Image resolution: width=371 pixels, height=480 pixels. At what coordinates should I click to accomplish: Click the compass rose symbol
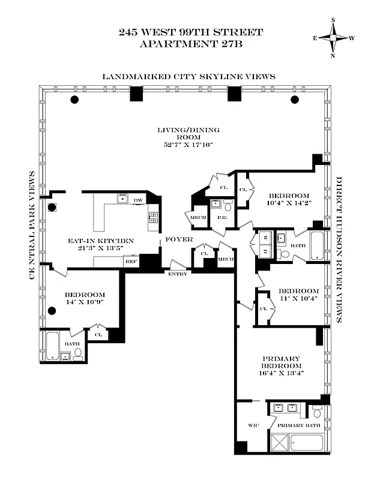[333, 38]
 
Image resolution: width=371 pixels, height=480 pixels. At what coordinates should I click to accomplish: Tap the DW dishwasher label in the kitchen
[138, 200]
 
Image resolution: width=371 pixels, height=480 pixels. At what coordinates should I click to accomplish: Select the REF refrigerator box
[129, 262]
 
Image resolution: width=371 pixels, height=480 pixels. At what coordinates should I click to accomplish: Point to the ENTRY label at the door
[178, 274]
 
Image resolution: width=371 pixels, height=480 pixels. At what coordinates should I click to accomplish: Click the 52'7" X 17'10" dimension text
[188, 145]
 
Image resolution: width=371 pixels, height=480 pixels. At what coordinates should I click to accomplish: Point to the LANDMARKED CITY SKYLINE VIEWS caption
[188, 76]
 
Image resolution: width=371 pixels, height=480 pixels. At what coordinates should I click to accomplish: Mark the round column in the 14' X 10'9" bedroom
[52, 311]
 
